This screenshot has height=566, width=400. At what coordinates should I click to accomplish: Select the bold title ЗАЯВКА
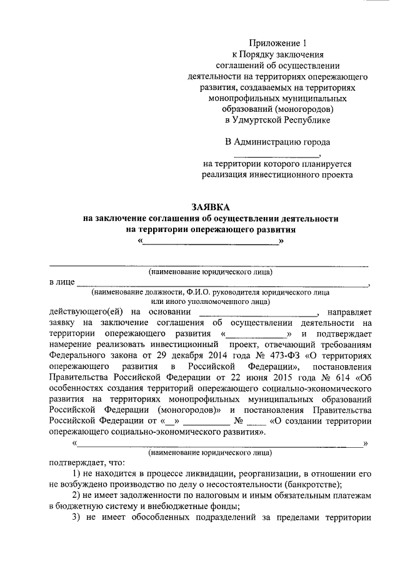coord(211,207)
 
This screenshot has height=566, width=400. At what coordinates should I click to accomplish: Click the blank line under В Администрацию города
coord(276,154)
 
